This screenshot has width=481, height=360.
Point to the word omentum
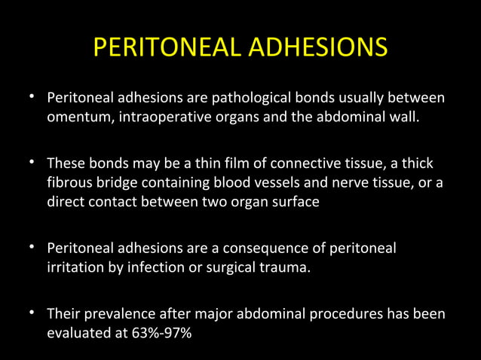(x=76, y=117)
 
